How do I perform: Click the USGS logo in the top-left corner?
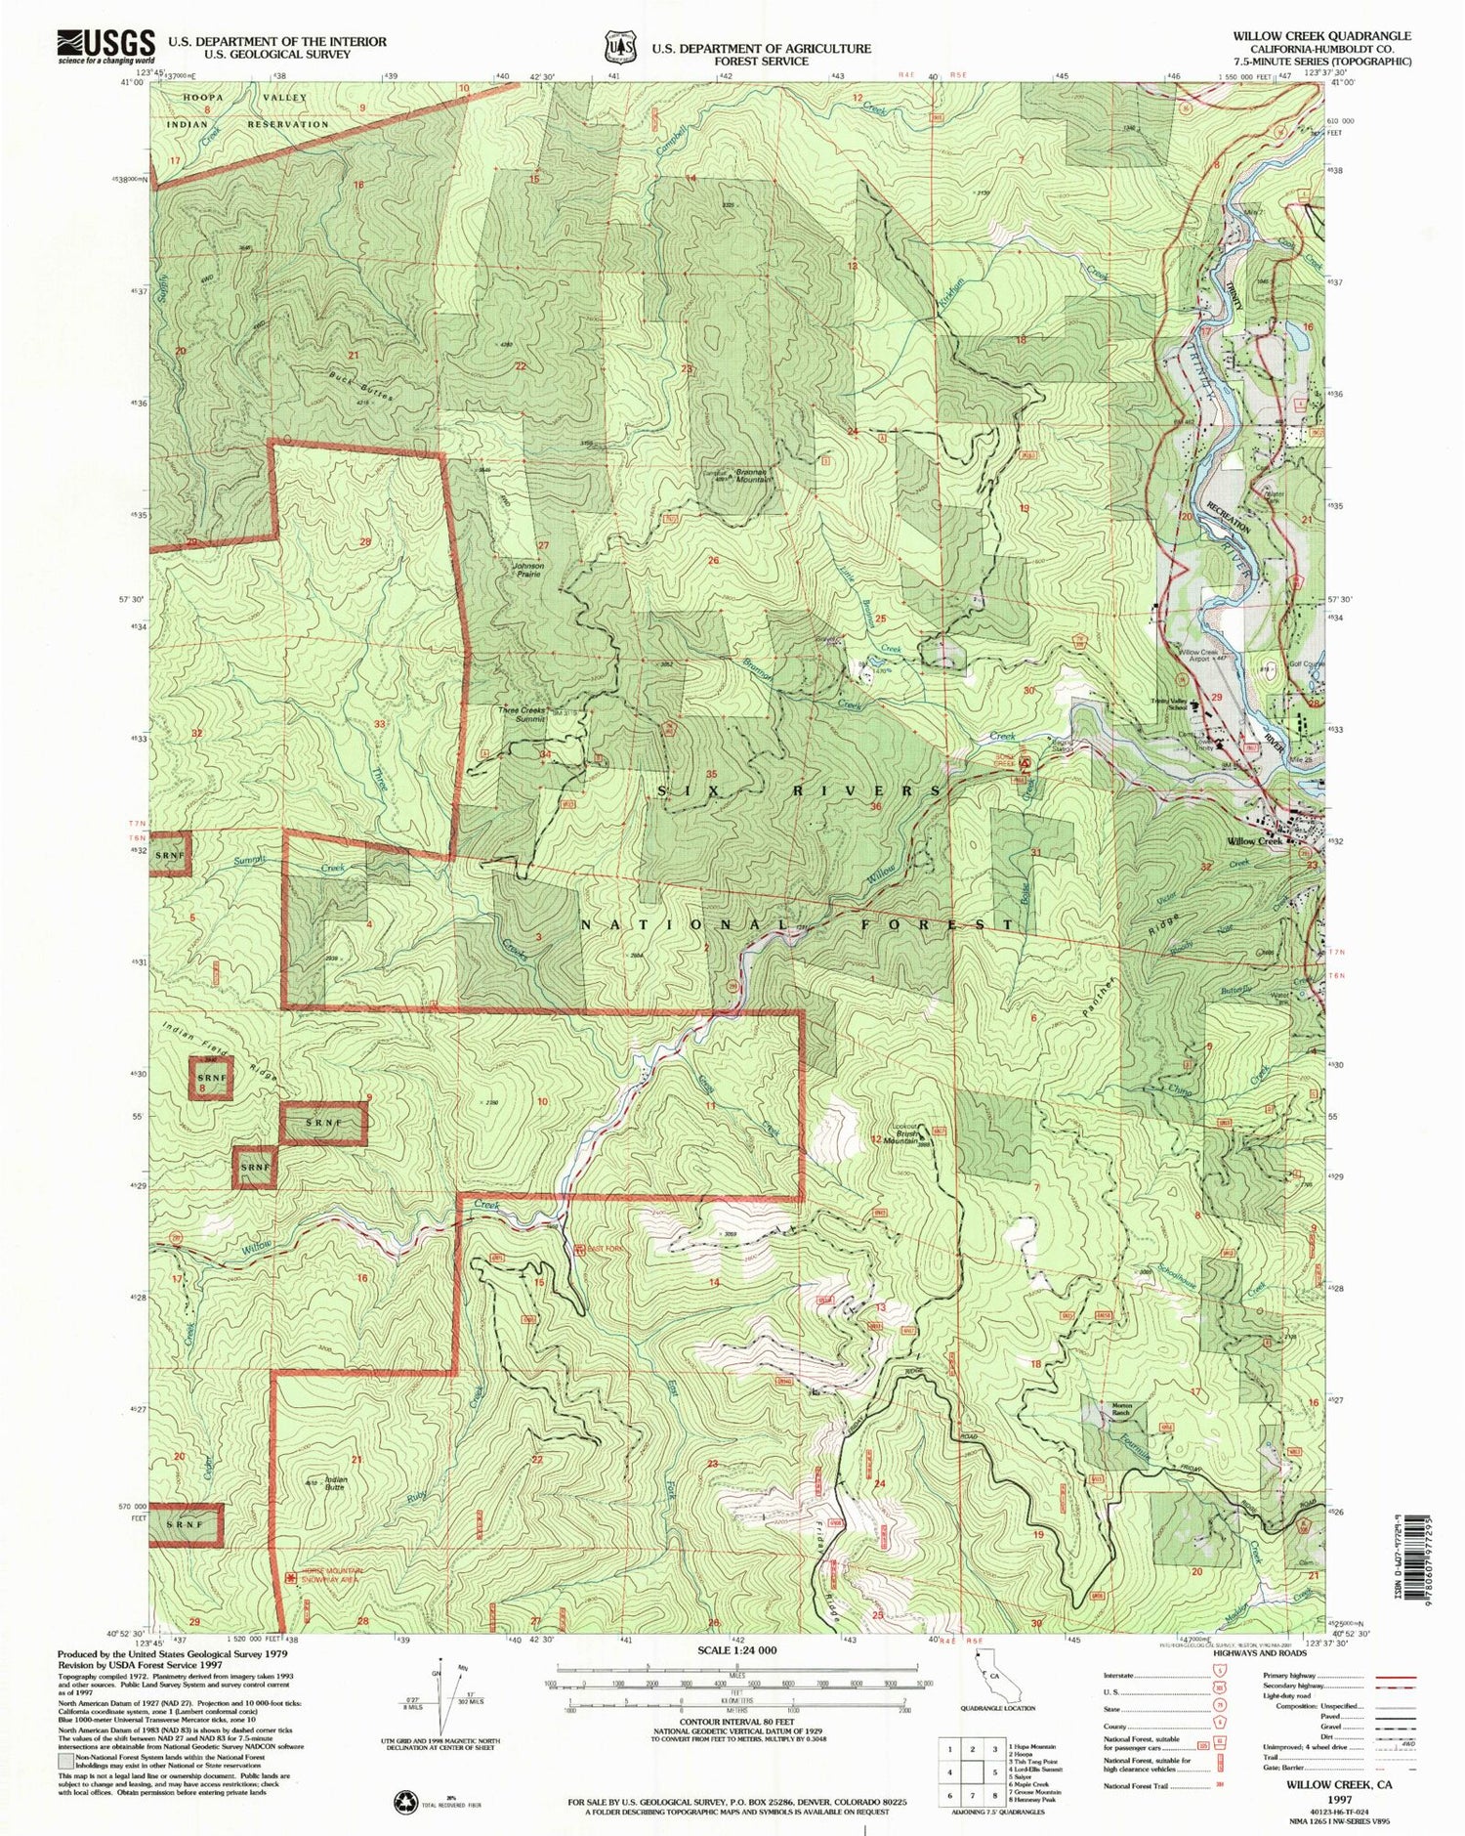106,45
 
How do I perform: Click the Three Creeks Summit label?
522,714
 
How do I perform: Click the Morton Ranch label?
1120,1410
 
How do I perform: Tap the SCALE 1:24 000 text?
738,1650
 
